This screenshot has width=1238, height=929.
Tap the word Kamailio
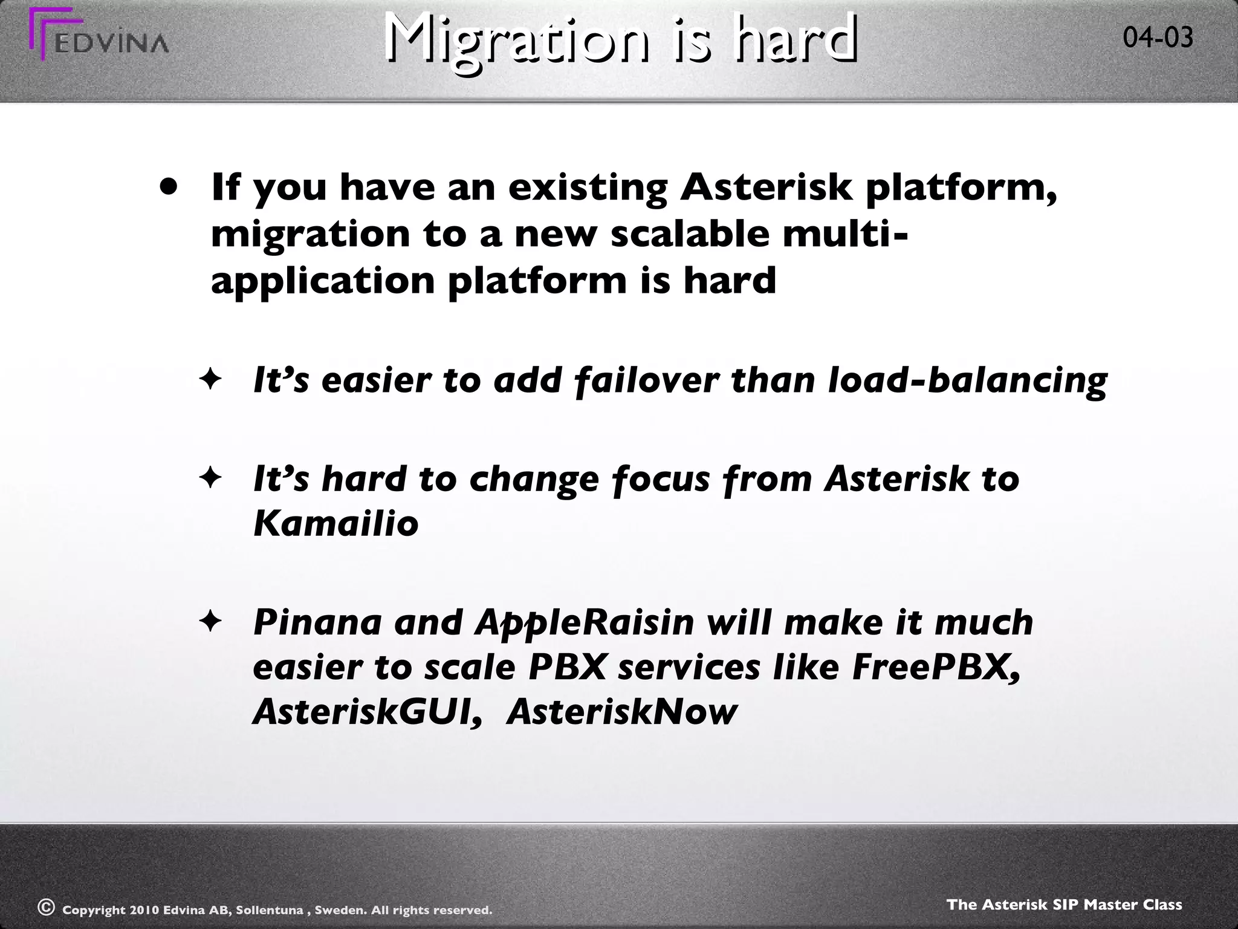pos(335,523)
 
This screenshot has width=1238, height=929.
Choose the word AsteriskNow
pos(622,712)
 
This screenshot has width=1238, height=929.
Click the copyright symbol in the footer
pos(45,907)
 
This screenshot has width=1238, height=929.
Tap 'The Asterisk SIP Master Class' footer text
pos(1064,905)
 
